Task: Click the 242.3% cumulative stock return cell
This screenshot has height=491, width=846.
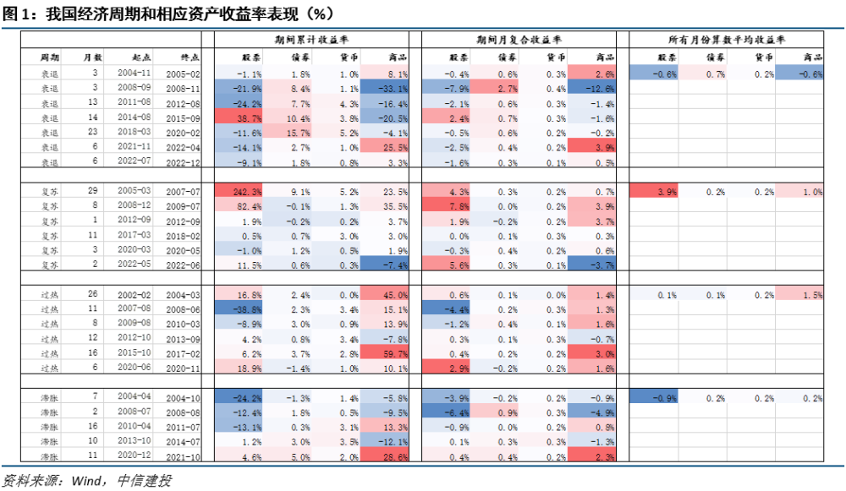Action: [240, 192]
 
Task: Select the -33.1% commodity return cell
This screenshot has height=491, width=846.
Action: [385, 88]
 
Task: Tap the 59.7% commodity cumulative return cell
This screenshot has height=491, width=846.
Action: [385, 353]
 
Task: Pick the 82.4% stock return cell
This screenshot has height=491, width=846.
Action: [240, 205]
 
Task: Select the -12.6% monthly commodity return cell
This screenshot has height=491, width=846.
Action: [592, 88]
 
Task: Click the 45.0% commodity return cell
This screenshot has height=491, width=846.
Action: [385, 295]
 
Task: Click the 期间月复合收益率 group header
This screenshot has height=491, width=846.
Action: [519, 40]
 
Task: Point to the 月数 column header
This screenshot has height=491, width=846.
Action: [93, 57]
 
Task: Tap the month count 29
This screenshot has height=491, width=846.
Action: [95, 192]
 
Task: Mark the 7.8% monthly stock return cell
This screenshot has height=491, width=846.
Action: [446, 205]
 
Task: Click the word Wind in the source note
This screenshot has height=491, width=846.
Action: [87, 481]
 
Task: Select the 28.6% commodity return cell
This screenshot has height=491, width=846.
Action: [385, 456]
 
